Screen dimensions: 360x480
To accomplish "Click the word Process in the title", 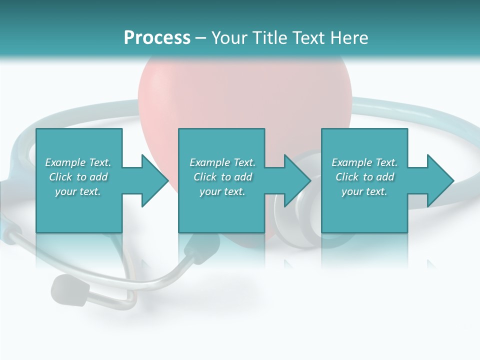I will click(x=157, y=37).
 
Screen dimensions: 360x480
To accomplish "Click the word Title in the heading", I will click(x=268, y=37).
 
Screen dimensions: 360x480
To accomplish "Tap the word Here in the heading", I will click(x=348, y=37).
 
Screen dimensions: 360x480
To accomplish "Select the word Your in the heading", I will click(x=229, y=37).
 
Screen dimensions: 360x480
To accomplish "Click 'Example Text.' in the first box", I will click(x=78, y=162).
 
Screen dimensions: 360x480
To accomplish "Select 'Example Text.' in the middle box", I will click(x=222, y=162).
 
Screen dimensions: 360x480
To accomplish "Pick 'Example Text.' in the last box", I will click(x=364, y=162).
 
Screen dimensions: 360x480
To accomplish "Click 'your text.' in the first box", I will click(x=78, y=191).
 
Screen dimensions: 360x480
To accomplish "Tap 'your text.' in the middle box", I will click(x=222, y=191).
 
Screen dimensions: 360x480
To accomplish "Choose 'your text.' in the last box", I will click(x=364, y=191).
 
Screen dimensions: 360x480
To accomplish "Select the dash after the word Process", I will click(x=200, y=38).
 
